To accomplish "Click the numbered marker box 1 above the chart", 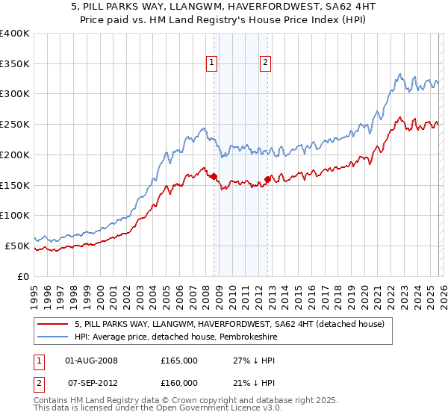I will (213, 64).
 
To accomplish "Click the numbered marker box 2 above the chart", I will (265, 64).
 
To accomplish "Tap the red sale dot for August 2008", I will (214, 176).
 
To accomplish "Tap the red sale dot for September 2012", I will (268, 179).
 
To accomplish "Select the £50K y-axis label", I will (17, 246).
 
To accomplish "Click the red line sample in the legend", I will (52, 324).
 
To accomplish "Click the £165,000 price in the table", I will (179, 360).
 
